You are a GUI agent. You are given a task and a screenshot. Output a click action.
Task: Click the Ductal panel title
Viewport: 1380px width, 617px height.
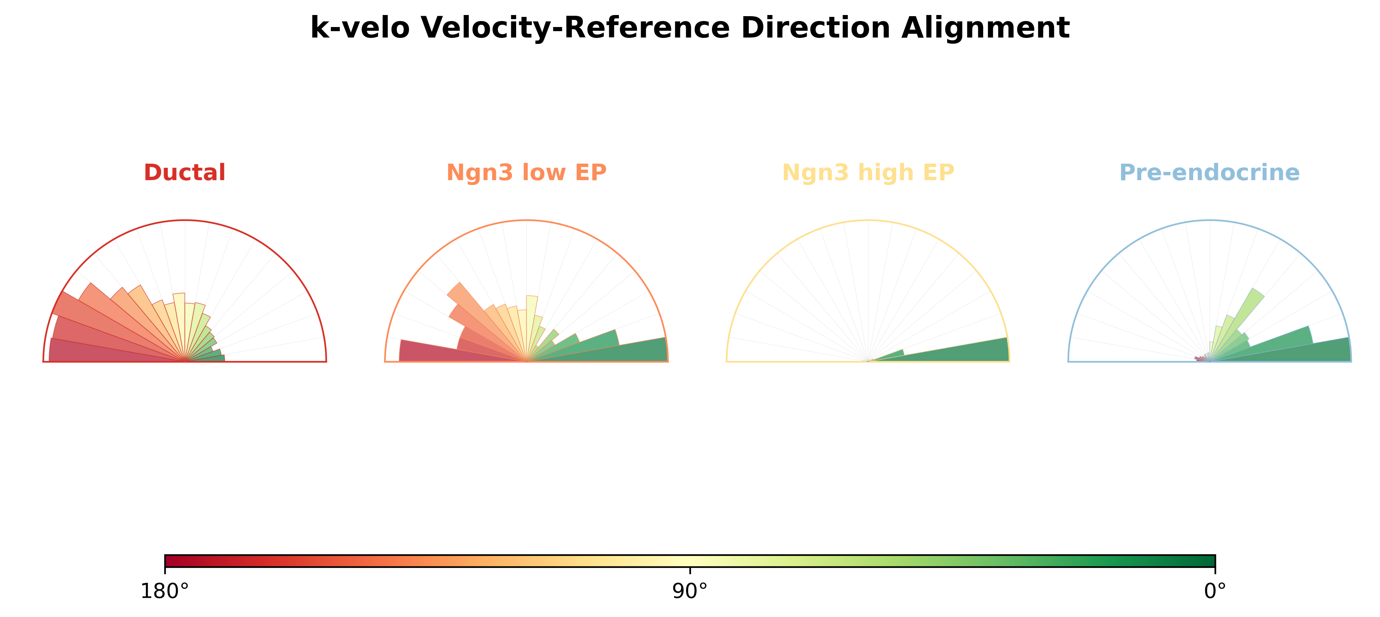pos(185,173)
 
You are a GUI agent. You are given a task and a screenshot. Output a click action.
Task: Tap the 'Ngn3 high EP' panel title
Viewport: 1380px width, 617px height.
pos(868,173)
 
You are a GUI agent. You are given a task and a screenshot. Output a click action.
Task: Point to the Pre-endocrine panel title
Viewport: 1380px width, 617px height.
pos(1210,173)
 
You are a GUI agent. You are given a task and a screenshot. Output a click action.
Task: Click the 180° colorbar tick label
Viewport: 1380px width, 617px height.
pos(164,591)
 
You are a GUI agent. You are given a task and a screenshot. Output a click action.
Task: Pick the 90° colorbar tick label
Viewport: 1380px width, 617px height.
pos(690,591)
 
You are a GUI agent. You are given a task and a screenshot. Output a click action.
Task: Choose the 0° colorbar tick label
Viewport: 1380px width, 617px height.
pos(1215,591)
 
